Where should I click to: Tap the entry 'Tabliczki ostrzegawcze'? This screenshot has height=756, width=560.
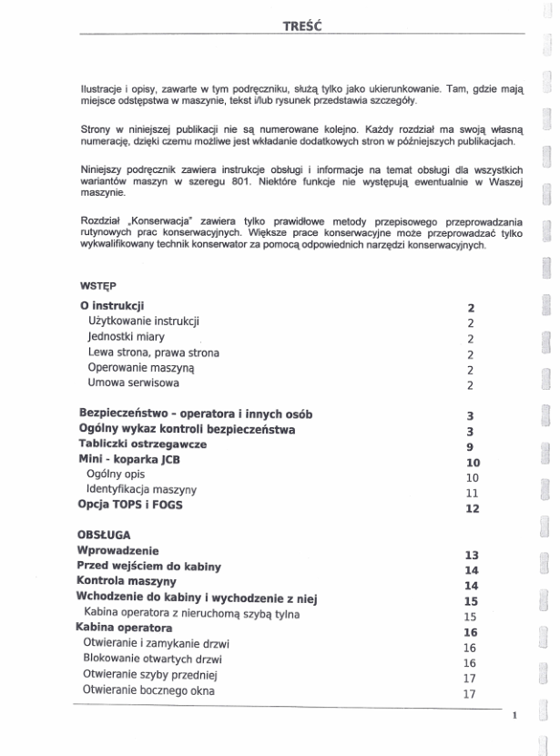pyautogui.click(x=142, y=444)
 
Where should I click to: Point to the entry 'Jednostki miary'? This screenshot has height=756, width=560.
pyautogui.click(x=127, y=336)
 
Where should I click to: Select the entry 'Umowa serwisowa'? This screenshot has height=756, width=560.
pyautogui.click(x=133, y=383)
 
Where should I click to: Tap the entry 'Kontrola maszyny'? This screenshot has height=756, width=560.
pyautogui.click(x=127, y=580)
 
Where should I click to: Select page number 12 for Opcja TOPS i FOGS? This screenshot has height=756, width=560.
pyautogui.click(x=471, y=508)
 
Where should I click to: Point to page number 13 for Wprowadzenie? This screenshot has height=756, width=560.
pyautogui.click(x=471, y=555)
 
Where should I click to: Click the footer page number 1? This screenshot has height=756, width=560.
pyautogui.click(x=514, y=716)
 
